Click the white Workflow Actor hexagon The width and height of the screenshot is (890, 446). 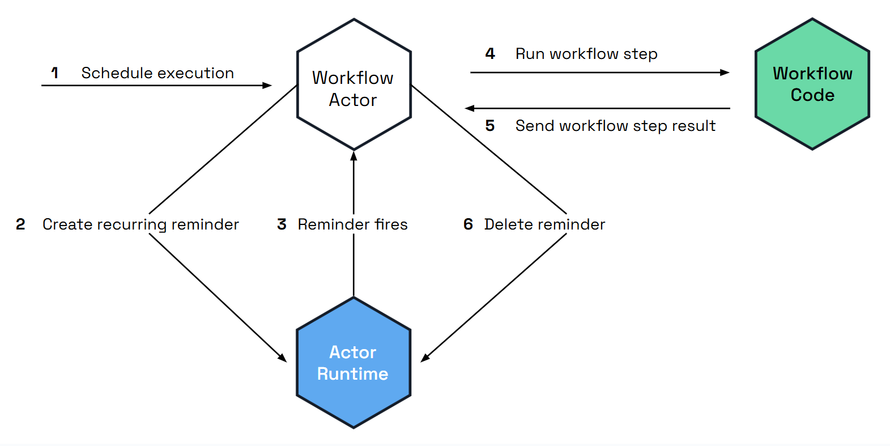[354, 85]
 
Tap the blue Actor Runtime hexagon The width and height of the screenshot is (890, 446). [354, 363]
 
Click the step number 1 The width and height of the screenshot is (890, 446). [55, 73]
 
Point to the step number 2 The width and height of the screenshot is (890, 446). [20, 224]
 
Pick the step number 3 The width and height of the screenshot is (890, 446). [282, 224]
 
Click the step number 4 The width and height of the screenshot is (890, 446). [490, 54]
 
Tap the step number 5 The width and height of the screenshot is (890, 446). [490, 126]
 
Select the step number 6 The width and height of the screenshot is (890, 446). [468, 224]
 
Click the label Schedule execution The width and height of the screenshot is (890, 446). [157, 73]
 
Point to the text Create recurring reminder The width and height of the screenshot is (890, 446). [140, 224]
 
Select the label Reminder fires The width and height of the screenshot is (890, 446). [352, 224]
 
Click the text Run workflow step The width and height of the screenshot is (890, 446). [586, 54]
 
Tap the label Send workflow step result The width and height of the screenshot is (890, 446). [615, 126]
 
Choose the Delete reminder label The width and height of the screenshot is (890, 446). [544, 224]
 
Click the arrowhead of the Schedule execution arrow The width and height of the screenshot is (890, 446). [267, 86]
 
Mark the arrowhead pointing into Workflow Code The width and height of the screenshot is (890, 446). [725, 73]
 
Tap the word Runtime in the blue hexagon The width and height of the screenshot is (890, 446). [352, 374]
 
